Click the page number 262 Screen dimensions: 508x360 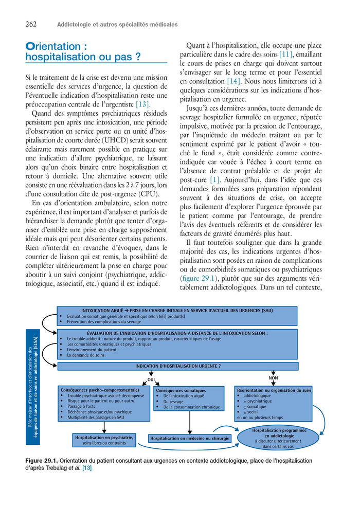point(30,24)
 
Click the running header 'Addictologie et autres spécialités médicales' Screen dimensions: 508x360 point(117,24)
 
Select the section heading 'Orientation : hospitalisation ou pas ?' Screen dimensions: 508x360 point(83,52)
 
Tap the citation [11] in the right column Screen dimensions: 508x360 point(285,53)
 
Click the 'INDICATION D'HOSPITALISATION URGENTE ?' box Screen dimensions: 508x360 point(177,366)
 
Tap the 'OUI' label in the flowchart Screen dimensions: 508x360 point(151,379)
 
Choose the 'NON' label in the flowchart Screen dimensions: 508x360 point(273,378)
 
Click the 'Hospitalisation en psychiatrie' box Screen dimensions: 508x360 point(104,440)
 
